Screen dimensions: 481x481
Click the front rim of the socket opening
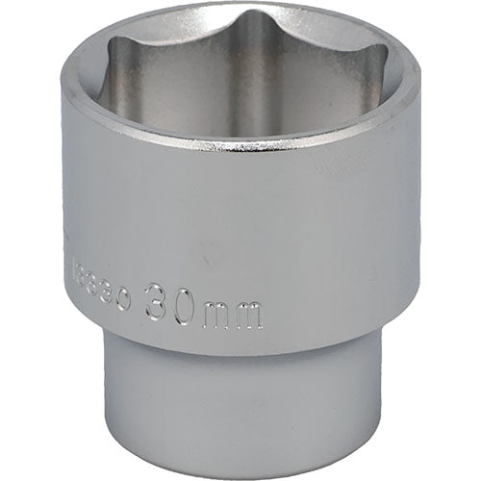240,144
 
